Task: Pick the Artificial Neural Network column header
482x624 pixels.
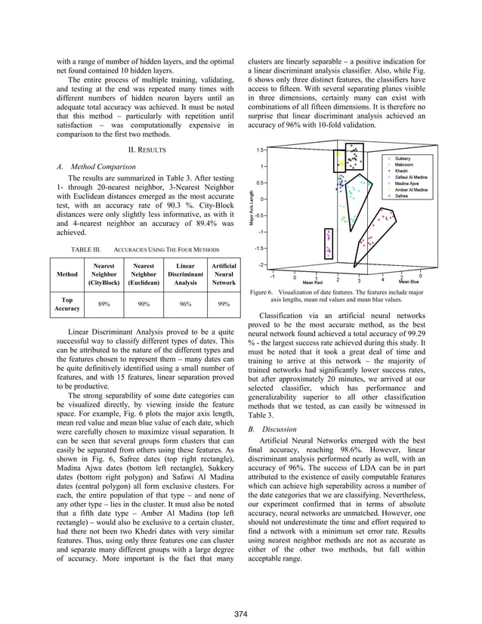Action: pos(224,275)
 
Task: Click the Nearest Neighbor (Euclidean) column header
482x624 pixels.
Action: pos(144,275)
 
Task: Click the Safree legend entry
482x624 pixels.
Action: pos(403,194)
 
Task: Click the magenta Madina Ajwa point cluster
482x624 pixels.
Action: pos(328,242)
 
